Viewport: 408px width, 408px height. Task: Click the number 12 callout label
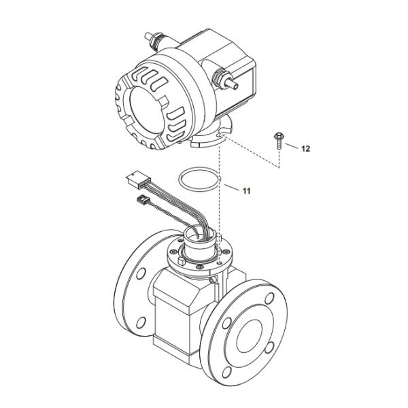(306, 148)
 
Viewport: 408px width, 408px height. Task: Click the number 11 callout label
(246, 191)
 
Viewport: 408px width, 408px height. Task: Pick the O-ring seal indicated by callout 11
(200, 180)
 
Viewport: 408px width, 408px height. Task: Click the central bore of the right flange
(249, 330)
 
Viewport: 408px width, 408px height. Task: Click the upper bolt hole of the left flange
(140, 273)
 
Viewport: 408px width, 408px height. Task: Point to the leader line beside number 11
(231, 188)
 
